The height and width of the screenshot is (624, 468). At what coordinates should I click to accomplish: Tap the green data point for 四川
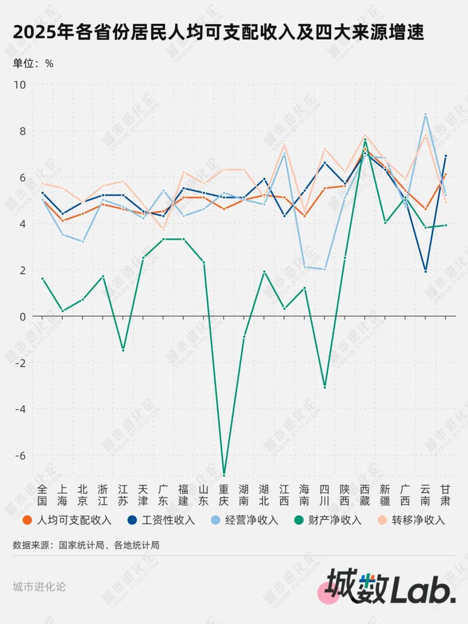click(x=325, y=387)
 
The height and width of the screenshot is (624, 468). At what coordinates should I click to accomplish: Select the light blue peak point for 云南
click(x=426, y=114)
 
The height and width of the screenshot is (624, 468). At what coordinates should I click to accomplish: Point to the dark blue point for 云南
click(x=426, y=271)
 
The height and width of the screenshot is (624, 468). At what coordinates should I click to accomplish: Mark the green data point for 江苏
click(x=123, y=350)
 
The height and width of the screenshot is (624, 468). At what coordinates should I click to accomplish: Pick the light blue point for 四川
click(x=325, y=269)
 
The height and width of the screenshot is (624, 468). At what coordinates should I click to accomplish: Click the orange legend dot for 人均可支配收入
click(x=27, y=520)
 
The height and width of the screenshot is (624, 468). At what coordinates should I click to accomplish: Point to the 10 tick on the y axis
click(x=20, y=85)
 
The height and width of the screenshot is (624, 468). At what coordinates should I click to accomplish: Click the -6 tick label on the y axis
click(x=20, y=456)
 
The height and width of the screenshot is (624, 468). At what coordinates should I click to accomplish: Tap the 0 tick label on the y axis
click(x=23, y=317)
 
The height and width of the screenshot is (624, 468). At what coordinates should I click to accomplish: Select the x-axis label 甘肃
click(x=445, y=495)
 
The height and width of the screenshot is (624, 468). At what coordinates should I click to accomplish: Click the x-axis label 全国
click(x=42, y=495)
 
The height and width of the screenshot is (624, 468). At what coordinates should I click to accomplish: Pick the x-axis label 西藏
click(x=365, y=495)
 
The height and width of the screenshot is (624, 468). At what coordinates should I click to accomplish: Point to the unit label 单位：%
click(x=33, y=64)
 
